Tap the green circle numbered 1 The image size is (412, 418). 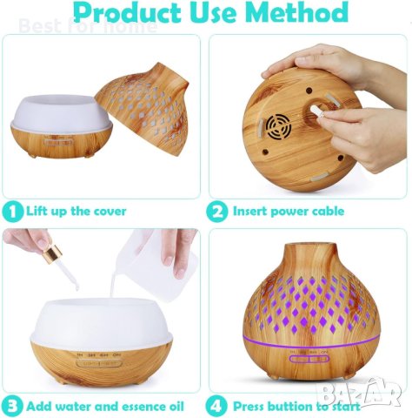click(12, 212)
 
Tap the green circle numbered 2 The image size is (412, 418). click(218, 212)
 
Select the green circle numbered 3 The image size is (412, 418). click(12, 405)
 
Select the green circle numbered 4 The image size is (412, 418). click(218, 405)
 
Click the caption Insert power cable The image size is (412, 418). click(289, 212)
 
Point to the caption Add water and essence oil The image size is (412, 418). click(104, 405)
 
